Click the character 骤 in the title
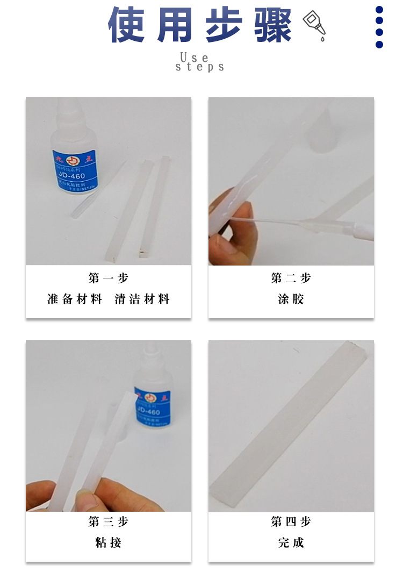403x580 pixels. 274,25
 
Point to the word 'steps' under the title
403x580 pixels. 200,67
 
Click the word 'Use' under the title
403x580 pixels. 194,57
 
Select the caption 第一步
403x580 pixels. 109,278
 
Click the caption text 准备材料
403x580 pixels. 75,299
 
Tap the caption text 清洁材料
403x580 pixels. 142,299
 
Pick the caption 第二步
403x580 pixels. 291,278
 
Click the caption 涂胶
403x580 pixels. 291,299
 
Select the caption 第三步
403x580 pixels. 109,521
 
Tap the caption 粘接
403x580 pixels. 109,543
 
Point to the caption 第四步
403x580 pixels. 291,521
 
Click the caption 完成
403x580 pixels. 291,543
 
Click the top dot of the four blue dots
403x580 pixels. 379,10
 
